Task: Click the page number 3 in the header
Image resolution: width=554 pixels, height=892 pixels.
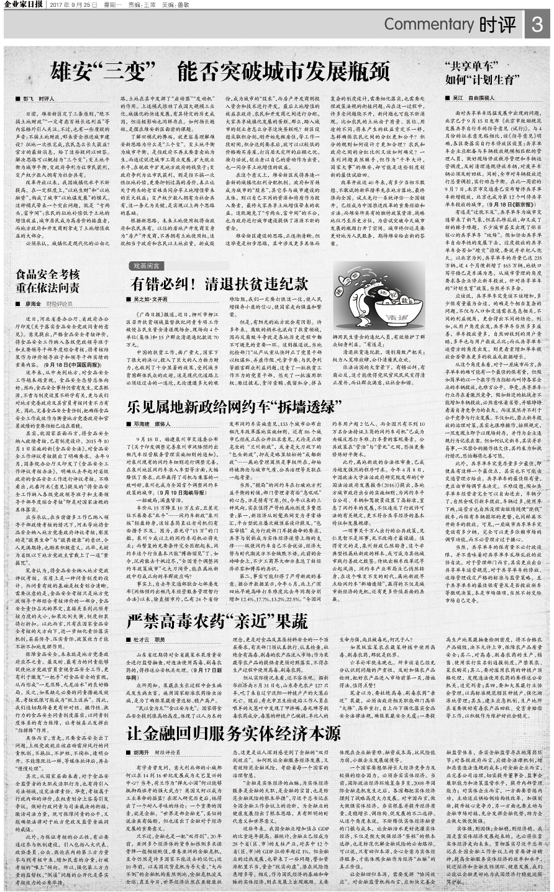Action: click(x=537, y=24)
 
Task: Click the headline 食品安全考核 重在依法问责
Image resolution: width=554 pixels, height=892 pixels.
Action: click(x=48, y=281)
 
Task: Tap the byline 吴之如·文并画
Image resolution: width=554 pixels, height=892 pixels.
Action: click(x=149, y=299)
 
